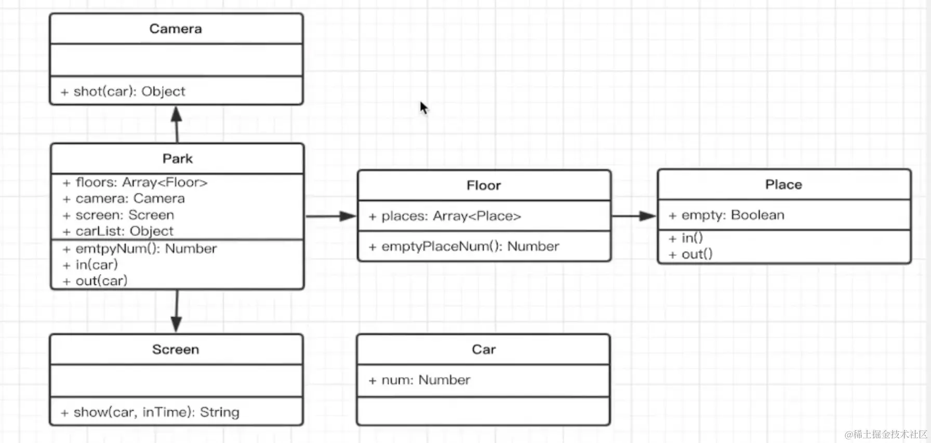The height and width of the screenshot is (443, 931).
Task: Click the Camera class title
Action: tap(176, 29)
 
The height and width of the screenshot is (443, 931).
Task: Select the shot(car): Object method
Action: tap(129, 92)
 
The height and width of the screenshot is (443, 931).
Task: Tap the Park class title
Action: tap(177, 159)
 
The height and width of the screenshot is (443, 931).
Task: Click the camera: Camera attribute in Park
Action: tap(130, 199)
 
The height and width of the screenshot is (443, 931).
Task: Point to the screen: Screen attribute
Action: tap(125, 215)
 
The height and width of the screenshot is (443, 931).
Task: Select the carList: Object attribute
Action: tap(124, 231)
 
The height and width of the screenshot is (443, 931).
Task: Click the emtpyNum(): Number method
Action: tap(145, 249)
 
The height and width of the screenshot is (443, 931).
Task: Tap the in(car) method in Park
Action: tap(97, 265)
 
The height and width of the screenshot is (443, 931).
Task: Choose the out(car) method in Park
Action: tap(101, 281)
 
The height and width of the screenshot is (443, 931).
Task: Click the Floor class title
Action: tap(484, 186)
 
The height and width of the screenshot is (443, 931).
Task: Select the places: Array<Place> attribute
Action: tap(450, 216)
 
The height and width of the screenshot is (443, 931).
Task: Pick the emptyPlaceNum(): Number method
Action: tap(470, 246)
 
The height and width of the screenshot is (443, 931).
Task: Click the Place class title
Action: tap(783, 185)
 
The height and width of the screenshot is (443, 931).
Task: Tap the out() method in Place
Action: tap(697, 254)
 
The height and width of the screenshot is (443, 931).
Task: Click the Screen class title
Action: tap(176, 349)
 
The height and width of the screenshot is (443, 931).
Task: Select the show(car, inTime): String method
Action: tap(156, 412)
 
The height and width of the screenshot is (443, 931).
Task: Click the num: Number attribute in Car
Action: tap(425, 380)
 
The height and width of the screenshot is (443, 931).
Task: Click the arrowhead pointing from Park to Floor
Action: tap(349, 216)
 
